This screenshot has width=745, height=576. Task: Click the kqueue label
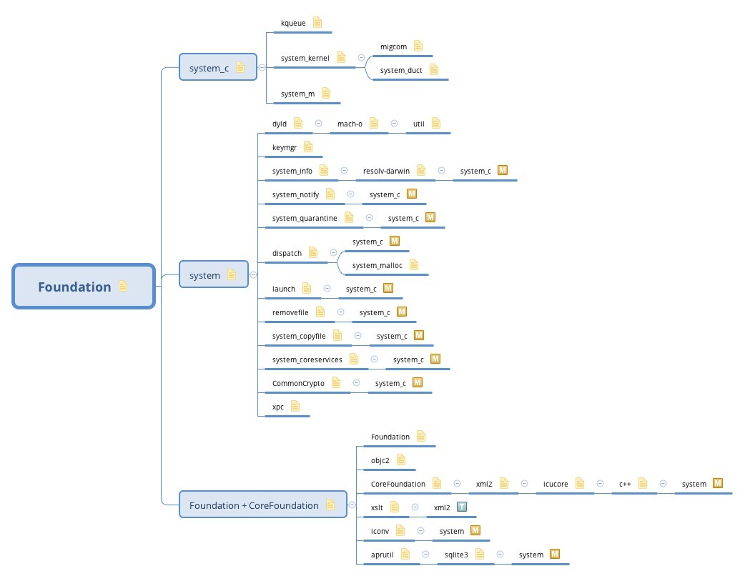point(293,23)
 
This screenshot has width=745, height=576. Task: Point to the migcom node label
point(393,46)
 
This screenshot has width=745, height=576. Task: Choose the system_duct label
point(401,70)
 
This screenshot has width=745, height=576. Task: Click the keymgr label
point(285,147)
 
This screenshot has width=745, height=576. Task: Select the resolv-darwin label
point(386,171)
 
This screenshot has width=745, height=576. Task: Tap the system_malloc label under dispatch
point(378,265)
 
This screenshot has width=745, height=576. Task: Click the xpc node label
point(278,407)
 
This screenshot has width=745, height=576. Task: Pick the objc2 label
point(380,460)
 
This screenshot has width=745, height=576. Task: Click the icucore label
point(556,484)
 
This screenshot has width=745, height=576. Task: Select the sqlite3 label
point(455,555)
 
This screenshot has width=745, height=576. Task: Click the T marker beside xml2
point(462,507)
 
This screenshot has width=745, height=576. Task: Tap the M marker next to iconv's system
point(475,531)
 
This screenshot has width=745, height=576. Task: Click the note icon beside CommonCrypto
point(335,383)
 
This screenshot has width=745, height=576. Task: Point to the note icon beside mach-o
point(373,124)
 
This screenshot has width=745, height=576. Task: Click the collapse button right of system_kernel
point(361,58)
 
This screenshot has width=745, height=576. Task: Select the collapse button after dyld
point(318,124)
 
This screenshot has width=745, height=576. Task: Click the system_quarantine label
point(305,218)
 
